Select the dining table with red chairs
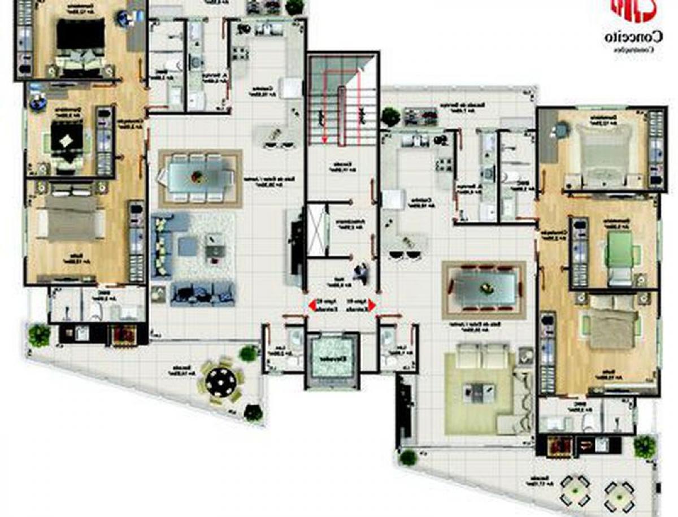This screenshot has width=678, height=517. (484, 288)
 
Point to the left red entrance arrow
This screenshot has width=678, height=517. (311, 306)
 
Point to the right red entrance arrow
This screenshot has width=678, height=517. (371, 306)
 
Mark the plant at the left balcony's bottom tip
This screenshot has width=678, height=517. (253, 413)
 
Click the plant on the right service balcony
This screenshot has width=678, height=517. (390, 116)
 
